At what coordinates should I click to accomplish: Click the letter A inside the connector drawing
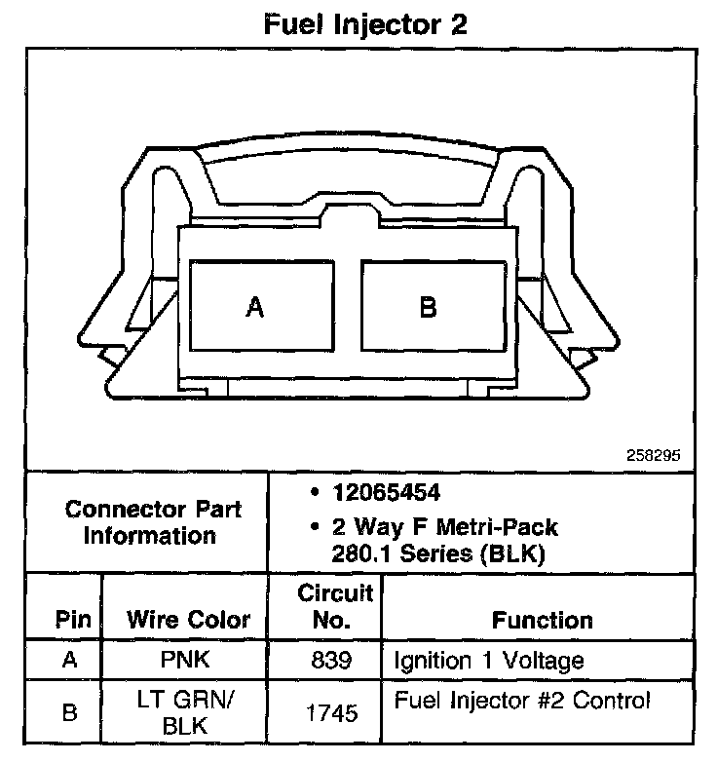click(x=254, y=308)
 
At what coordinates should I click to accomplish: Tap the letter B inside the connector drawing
click(x=428, y=308)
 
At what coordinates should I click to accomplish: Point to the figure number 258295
click(x=655, y=454)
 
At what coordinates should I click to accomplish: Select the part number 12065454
click(x=386, y=492)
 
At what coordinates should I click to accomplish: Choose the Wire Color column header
click(x=189, y=620)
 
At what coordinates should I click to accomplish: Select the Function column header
click(x=542, y=620)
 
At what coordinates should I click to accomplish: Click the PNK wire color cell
click(x=189, y=661)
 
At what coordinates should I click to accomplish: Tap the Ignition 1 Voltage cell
click(x=488, y=661)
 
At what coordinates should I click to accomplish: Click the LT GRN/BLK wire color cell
click(x=189, y=712)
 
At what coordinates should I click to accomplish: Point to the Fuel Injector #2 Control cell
click(x=521, y=701)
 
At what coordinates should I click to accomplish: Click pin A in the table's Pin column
click(x=69, y=661)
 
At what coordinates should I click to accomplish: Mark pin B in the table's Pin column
click(x=69, y=713)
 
